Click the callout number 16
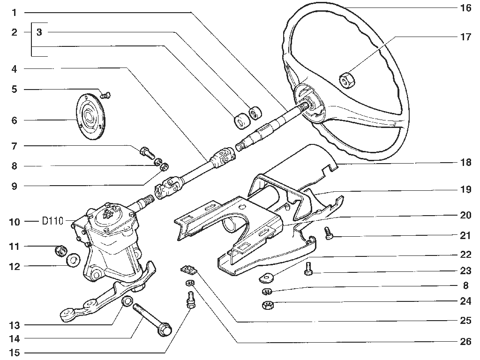465,8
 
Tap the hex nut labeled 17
347,80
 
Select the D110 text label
52,221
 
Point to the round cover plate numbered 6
90,117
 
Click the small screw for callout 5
106,95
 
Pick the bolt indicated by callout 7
147,152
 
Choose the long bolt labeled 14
151,318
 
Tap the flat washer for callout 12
73,260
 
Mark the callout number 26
465,341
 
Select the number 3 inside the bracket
39,32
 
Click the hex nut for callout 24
268,305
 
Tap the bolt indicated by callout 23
308,268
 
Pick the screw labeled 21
329,233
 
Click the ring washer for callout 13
127,302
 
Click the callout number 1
15,13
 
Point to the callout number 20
465,215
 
